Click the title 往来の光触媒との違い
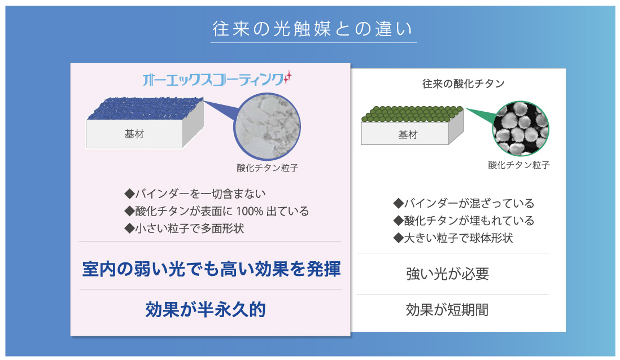tap(313, 29)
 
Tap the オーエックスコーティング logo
tap(217, 79)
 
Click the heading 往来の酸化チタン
tap(464, 84)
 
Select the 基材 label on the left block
tap(134, 134)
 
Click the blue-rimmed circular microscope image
tap(267, 126)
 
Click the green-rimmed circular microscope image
tap(521, 129)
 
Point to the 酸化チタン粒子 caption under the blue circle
tap(267, 168)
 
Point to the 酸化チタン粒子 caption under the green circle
tap(519, 165)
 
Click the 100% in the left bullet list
tap(250, 211)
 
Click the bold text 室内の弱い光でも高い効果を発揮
tap(211, 269)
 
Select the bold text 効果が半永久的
tap(206, 309)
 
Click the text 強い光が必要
tap(448, 274)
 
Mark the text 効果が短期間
tap(447, 310)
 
